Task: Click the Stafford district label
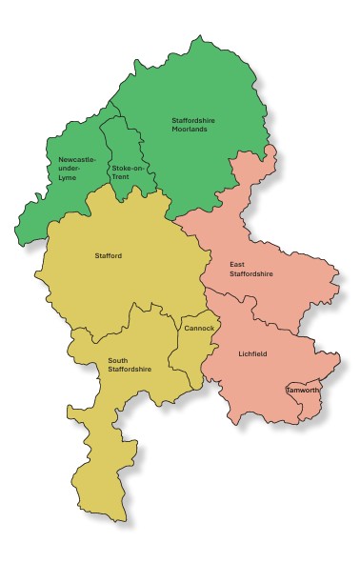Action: (109, 256)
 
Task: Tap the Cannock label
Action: (199, 328)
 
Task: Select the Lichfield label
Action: (253, 353)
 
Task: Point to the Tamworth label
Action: (303, 390)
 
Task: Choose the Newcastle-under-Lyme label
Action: (76, 168)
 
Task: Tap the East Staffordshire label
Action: (251, 269)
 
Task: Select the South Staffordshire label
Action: (130, 365)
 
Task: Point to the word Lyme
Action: (67, 178)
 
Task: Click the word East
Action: (237, 264)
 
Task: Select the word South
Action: (118, 360)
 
